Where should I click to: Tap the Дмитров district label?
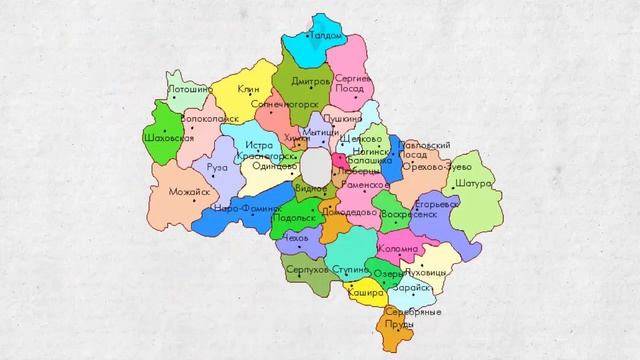coord(311,81)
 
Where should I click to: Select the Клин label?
coord(248,89)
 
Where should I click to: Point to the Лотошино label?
coord(189,90)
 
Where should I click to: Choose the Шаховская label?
coord(169,137)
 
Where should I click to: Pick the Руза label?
coord(216,167)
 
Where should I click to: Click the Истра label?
coord(258,145)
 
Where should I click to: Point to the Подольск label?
coord(295,217)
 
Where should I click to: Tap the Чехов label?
coord(296,239)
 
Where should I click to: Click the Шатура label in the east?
coord(473,185)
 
